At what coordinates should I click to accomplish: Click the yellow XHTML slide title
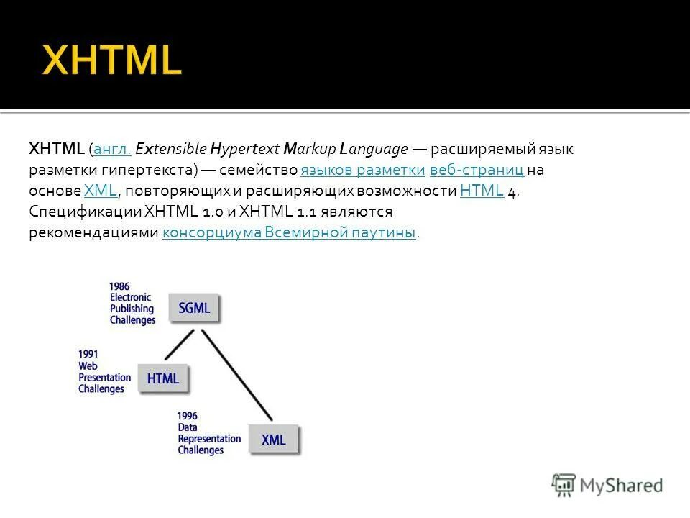(x=112, y=60)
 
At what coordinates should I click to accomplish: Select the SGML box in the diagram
(x=194, y=308)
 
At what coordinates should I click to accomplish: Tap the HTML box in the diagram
(x=163, y=378)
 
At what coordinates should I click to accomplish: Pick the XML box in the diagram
(x=273, y=439)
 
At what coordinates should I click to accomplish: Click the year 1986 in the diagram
(x=120, y=286)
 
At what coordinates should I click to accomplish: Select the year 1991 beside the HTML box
(x=88, y=354)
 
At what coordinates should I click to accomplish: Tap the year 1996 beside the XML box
(x=188, y=415)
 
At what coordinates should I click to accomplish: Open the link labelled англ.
(x=111, y=150)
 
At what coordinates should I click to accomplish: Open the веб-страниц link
(x=476, y=171)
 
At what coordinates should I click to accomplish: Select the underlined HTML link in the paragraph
(x=481, y=191)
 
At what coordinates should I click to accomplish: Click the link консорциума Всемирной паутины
(x=289, y=232)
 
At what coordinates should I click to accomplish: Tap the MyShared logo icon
(x=563, y=484)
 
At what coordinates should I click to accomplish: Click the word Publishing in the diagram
(x=132, y=309)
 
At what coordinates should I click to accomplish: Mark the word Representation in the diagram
(x=209, y=438)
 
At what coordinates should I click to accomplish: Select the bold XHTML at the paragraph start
(x=57, y=150)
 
